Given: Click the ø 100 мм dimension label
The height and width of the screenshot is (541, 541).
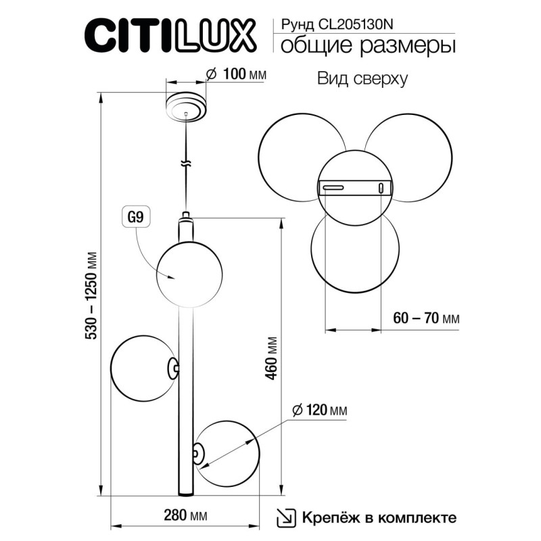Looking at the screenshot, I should (235, 74).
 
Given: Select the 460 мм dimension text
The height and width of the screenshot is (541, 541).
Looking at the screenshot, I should (271, 359).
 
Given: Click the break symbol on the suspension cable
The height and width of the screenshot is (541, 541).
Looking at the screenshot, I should (185, 164).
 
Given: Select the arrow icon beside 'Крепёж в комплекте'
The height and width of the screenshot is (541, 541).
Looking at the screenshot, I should (285, 518).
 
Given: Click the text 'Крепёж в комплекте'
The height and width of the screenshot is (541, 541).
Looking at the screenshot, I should (378, 518).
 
